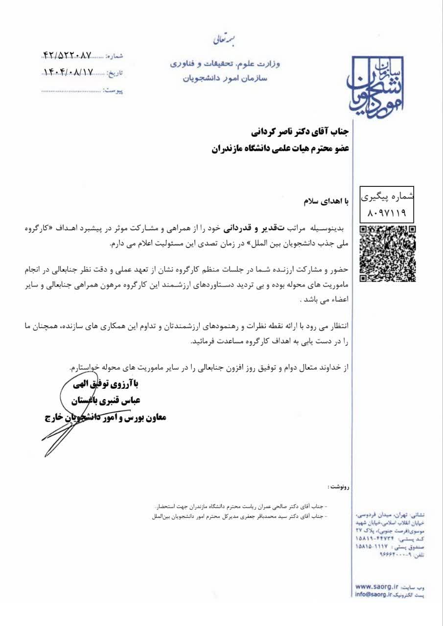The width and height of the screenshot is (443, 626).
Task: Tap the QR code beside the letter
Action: coord(388,253)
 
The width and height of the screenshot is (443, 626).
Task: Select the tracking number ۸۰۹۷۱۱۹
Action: coord(387,213)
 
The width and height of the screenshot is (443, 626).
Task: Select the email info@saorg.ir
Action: coord(374,594)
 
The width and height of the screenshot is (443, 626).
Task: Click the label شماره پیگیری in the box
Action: coord(387,197)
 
